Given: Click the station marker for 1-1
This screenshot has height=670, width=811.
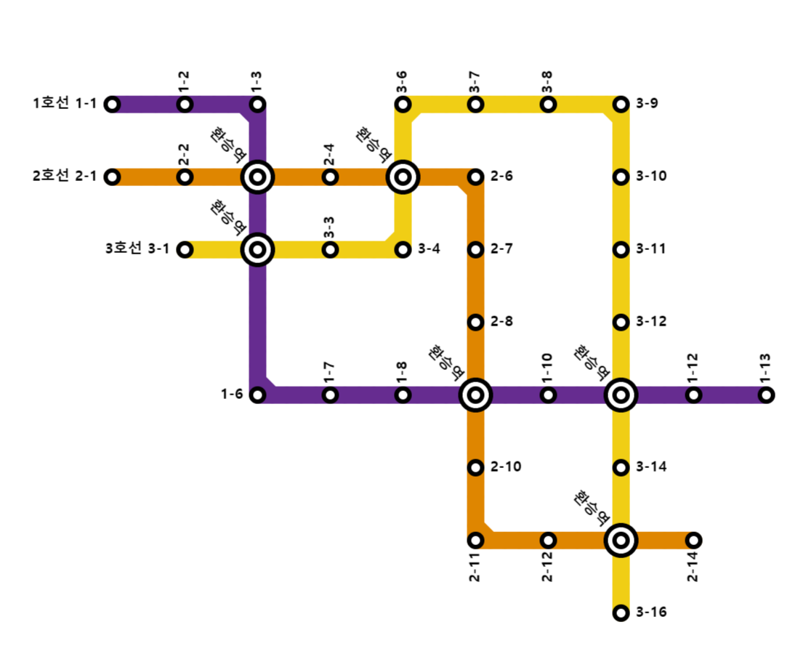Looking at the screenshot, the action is click(112, 104).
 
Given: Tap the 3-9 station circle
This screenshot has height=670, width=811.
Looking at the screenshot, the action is click(621, 104).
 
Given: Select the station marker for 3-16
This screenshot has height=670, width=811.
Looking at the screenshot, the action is click(621, 613).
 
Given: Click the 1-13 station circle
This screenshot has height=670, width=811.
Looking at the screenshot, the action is click(766, 395).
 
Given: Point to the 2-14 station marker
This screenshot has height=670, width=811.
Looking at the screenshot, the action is click(693, 540).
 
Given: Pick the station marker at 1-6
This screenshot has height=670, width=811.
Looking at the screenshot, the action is click(257, 395).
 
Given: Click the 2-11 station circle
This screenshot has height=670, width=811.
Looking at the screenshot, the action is click(475, 540).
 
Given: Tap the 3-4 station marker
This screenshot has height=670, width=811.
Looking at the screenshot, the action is click(403, 249).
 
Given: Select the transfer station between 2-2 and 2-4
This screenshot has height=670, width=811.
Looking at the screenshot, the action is click(257, 177).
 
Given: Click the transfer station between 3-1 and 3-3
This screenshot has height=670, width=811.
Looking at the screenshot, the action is click(257, 249).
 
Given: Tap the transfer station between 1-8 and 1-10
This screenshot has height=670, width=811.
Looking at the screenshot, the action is click(475, 395).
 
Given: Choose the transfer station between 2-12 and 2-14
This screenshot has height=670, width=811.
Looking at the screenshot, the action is click(621, 540).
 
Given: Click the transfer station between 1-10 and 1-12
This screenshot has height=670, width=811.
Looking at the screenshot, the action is click(621, 395).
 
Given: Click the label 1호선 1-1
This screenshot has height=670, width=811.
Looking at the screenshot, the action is click(64, 104).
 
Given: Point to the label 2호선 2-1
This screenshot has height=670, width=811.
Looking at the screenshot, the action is click(64, 177).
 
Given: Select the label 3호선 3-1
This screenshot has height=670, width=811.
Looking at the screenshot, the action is click(137, 249).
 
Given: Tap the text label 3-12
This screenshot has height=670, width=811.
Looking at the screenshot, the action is click(652, 322).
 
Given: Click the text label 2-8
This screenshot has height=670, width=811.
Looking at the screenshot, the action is click(502, 322).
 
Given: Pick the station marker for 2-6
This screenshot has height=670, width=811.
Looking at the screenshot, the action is click(475, 177).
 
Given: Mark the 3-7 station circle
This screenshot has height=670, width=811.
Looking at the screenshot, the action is click(475, 104).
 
